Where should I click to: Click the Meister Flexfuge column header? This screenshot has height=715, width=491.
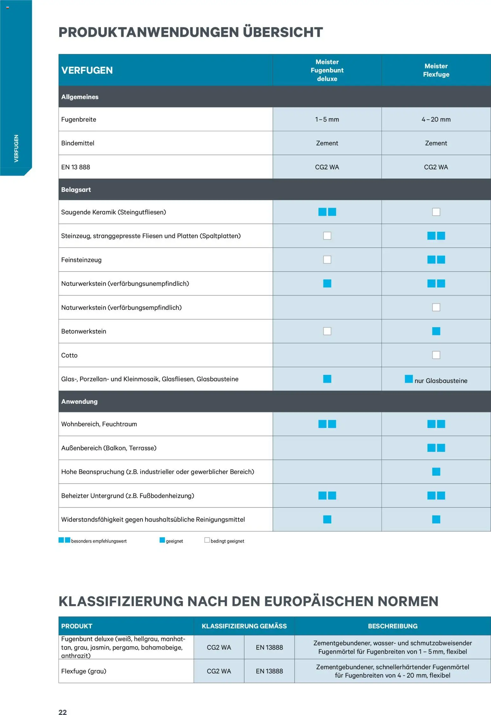pos(436,70)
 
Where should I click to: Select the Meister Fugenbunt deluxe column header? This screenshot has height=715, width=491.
pos(327,70)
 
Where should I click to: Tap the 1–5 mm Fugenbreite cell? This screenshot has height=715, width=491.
pos(327,119)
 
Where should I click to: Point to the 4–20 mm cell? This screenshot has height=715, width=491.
pos(436,119)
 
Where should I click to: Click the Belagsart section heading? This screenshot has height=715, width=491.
pos(76,190)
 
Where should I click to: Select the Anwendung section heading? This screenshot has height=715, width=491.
pos(79,401)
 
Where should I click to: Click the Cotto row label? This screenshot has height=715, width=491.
pos(69,355)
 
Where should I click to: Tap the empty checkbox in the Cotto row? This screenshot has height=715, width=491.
pos(436,355)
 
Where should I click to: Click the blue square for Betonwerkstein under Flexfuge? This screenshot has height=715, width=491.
pos(436,331)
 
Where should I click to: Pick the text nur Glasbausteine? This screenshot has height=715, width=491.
pos(441,381)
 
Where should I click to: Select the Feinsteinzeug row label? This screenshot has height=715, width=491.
pos(81,260)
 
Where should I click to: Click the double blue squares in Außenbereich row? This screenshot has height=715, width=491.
pos(436,448)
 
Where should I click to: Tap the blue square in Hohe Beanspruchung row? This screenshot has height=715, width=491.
pos(436,472)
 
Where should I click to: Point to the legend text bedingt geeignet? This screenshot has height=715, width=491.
pos(227,541)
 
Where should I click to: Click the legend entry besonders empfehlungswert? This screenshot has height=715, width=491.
pos(99,541)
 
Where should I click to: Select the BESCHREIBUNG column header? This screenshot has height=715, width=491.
pos(392,626)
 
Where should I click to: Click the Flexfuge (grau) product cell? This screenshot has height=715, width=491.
pos(84,671)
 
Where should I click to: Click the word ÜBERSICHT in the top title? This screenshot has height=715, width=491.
pos(283,32)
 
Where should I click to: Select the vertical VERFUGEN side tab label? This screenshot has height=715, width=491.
pos(16,148)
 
